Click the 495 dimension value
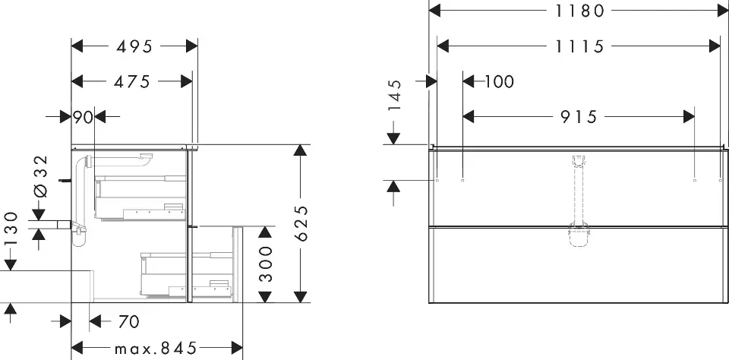coord(134,46)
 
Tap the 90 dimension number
coord(82,117)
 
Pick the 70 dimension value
coord(128,322)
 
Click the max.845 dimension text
coord(156,349)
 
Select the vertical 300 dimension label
coord(265,264)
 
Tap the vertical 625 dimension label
coord(301,223)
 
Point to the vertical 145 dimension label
coord(393,95)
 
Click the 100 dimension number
coord(498,81)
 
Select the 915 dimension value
coord(579,117)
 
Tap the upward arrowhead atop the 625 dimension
coord(301,150)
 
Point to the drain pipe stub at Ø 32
coord(60,225)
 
